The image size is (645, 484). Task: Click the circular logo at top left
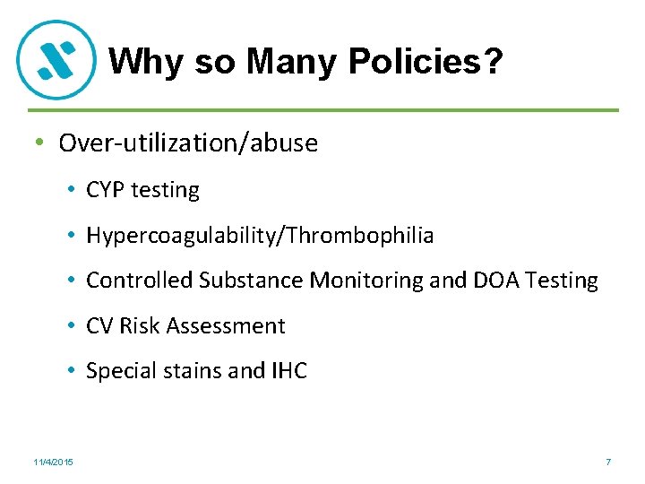pyautogui.click(x=56, y=59)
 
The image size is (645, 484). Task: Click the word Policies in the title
pyautogui.click(x=425, y=62)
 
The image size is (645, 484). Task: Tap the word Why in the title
pyautogui.click(x=142, y=62)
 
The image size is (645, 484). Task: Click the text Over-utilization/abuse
pyautogui.click(x=188, y=143)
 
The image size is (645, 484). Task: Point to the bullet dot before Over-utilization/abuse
pyautogui.click(x=40, y=143)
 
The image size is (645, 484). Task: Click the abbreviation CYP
pyautogui.click(x=105, y=190)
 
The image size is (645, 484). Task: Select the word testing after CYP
pyautogui.click(x=165, y=191)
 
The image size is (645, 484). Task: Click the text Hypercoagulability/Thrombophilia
pyautogui.click(x=260, y=236)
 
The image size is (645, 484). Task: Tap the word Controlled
pyautogui.click(x=140, y=281)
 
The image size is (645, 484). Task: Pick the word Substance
pyautogui.click(x=251, y=281)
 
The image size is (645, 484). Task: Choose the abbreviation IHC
pyautogui.click(x=288, y=371)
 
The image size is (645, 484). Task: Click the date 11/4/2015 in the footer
pyautogui.click(x=54, y=462)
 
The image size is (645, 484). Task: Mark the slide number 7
pyautogui.click(x=608, y=462)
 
